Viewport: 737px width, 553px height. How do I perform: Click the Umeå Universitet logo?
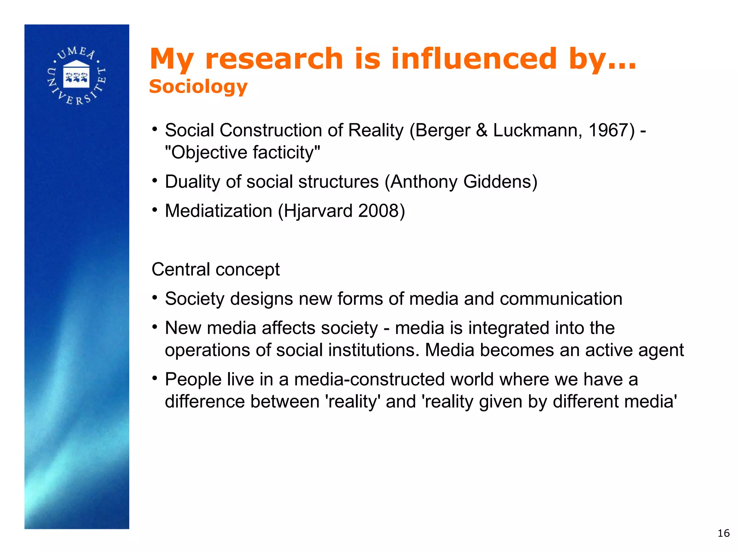77,76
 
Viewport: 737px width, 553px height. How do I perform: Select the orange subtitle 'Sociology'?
198,86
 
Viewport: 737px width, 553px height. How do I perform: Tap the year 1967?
611,130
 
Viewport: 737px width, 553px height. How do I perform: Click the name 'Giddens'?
500,181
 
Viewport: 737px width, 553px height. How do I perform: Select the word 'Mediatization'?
218,211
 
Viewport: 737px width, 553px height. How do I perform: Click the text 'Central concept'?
216,270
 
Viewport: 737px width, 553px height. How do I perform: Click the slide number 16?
723,533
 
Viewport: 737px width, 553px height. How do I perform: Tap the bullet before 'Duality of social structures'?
155,180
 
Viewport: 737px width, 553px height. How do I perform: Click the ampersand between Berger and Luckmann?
481,130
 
